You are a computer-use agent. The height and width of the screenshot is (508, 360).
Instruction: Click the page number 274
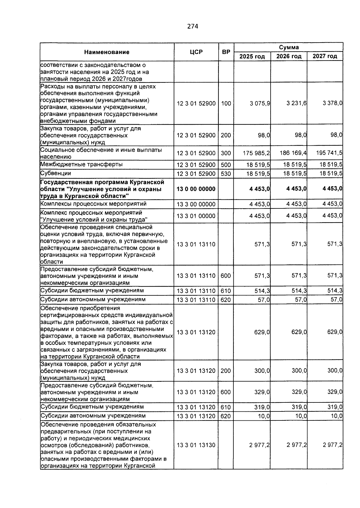193,26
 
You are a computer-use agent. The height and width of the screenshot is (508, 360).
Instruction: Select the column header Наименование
107,52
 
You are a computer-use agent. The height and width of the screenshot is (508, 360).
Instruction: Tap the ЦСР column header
196,52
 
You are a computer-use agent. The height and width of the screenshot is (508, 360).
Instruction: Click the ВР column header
226,52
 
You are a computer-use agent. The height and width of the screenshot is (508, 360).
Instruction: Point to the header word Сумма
289,47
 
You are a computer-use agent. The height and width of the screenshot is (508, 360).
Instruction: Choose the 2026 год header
289,56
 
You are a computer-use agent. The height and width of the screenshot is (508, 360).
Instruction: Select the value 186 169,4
293,153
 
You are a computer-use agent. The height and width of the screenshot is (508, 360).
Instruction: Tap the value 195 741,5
329,153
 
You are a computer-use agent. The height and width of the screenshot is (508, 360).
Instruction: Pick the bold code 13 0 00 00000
196,189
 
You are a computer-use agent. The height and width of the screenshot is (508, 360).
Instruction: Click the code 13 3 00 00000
196,205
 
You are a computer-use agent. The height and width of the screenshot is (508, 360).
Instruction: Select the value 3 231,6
296,103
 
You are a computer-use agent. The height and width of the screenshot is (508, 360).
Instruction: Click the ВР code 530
226,174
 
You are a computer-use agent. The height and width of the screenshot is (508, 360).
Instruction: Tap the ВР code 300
226,153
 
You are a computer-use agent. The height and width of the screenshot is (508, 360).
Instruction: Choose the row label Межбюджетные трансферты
82,164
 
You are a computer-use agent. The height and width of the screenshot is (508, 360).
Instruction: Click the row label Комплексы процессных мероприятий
94,204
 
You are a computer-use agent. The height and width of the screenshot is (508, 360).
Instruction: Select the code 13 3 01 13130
196,445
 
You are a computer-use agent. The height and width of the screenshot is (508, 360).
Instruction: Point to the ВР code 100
226,103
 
